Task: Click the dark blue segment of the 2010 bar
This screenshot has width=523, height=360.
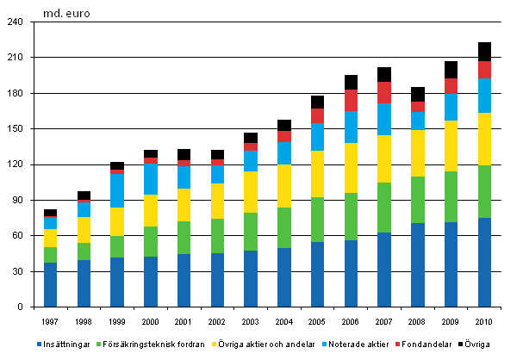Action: [x=484, y=262]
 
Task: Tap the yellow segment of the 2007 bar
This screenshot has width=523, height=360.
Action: [x=383, y=158]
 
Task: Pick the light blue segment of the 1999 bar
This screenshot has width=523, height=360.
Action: [x=116, y=190]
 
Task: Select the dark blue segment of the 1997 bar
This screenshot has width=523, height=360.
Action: [x=51, y=284]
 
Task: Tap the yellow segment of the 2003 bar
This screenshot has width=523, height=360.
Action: [x=250, y=191]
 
